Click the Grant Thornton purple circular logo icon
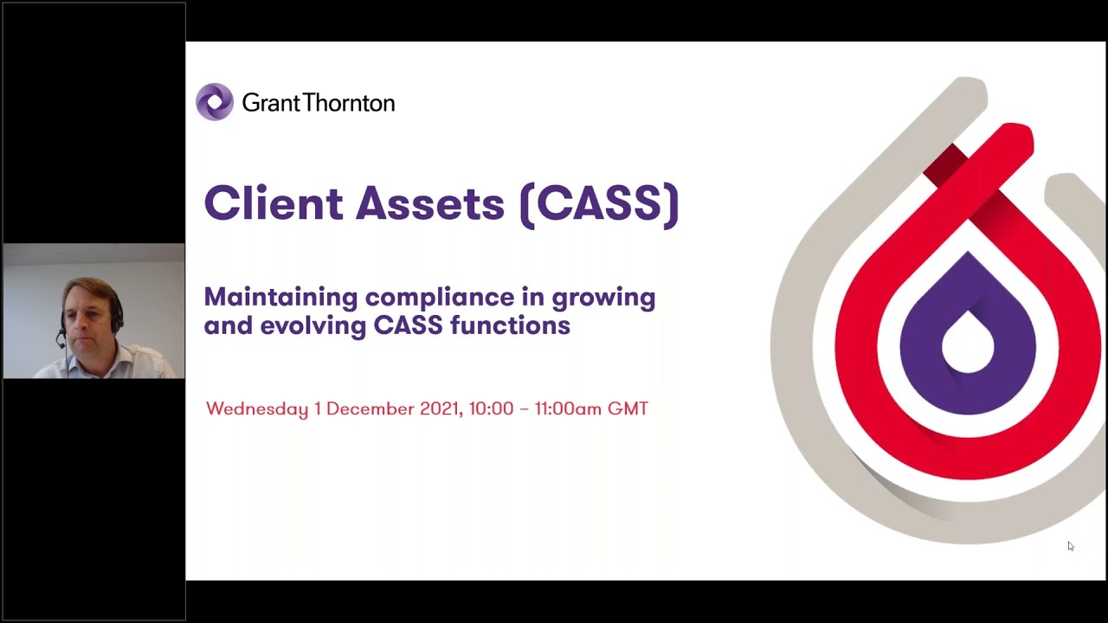point(215,102)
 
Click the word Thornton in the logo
point(353,103)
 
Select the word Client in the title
point(273,203)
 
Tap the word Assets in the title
point(429,203)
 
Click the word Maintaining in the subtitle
point(280,298)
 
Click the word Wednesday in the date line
point(257,408)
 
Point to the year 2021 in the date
point(440,408)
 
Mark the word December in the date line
point(370,408)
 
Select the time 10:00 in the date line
point(491,408)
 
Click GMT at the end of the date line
point(628,408)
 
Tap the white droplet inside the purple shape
point(967,342)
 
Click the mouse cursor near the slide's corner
point(1070,546)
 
